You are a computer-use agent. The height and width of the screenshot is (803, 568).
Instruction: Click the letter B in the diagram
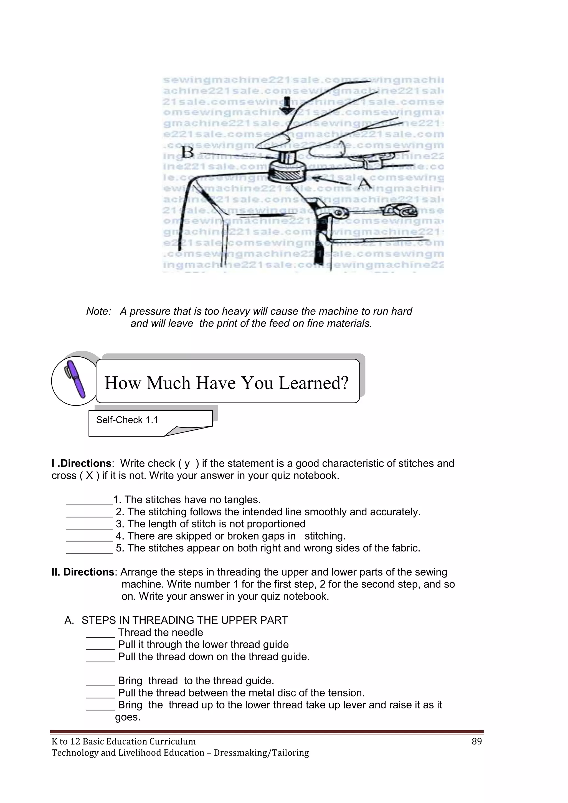point(187,153)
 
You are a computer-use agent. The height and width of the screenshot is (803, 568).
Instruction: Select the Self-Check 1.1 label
point(127,420)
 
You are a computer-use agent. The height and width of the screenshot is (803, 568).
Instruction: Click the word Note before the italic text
point(98,311)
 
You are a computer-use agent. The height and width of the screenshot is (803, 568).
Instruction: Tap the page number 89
point(476,741)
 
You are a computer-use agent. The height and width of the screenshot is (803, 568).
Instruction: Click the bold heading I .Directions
point(82,463)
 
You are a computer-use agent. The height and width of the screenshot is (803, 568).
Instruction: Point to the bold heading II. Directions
point(83,572)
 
